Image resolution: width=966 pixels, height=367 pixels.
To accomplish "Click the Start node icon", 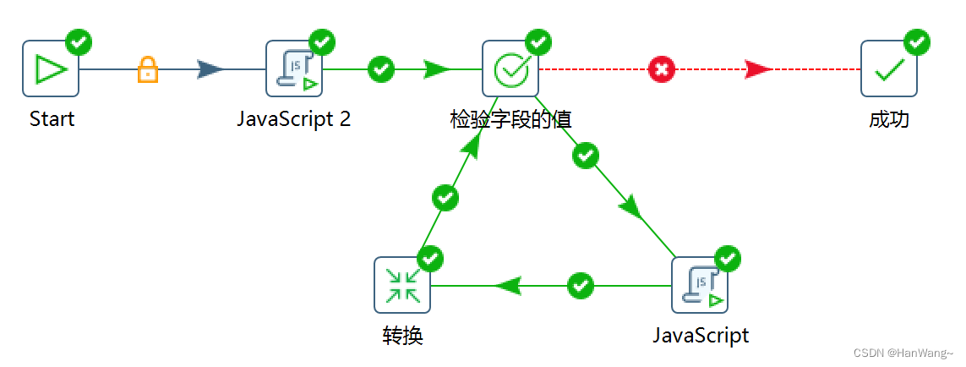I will [x=51, y=68].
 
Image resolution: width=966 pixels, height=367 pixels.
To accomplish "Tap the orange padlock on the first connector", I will [x=148, y=68].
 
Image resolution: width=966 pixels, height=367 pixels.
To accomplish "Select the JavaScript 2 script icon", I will [x=295, y=68].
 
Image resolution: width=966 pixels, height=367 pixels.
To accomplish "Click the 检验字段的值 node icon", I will [x=510, y=68].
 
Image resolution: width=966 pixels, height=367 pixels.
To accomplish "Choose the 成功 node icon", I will [x=888, y=68].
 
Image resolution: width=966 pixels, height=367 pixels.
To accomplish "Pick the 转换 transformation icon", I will [x=402, y=285].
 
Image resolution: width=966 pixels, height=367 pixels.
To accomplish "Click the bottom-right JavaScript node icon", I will [x=699, y=285].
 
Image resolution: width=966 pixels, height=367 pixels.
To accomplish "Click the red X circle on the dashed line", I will [x=662, y=68].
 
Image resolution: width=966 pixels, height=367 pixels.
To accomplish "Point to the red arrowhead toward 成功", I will [x=758, y=68].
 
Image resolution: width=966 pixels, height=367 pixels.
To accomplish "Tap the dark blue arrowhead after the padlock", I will [x=210, y=68].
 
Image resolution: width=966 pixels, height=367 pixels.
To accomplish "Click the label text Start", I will [x=52, y=119].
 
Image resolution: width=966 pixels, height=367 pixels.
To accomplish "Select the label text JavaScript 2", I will [x=293, y=119].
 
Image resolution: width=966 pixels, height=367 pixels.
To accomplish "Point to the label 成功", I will [x=888, y=119].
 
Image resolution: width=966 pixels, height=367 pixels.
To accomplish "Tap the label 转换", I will [x=402, y=336].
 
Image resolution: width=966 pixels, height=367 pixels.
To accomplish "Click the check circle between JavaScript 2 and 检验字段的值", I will [x=382, y=68].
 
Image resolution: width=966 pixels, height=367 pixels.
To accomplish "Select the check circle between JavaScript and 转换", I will [x=581, y=285].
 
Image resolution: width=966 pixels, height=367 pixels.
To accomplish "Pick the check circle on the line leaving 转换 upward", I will [x=445, y=198].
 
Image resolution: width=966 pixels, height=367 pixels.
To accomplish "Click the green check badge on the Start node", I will [x=79, y=41].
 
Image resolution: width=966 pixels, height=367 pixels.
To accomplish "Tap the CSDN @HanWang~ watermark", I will [x=903, y=353].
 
